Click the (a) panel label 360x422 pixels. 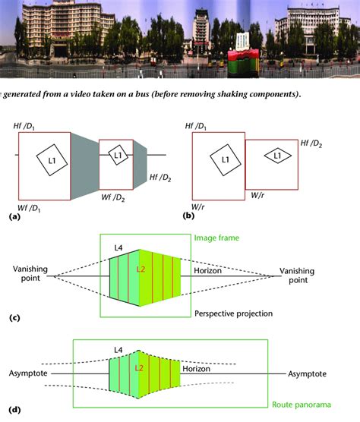click(x=12, y=217)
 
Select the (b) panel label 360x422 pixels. click(x=188, y=217)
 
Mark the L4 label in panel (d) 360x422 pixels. click(x=117, y=349)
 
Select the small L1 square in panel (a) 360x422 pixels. click(x=117, y=156)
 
